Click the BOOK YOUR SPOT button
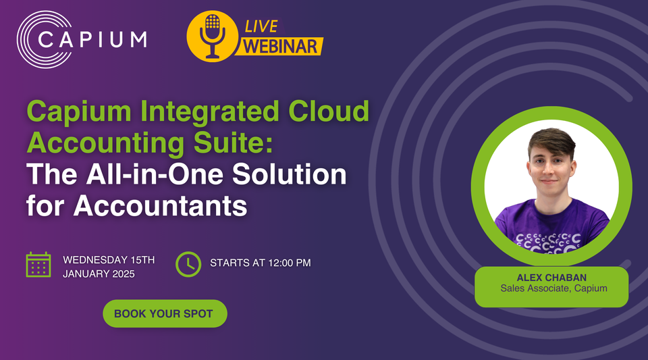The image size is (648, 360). pos(164,314)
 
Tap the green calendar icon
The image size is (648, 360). pos(38,264)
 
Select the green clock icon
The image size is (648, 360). pos(188,263)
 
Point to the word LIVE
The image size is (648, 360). pos(260,26)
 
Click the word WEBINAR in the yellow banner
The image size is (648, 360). pos(281,47)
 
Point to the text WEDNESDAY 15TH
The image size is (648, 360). pos(109,259)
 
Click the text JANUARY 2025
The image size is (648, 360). pos(99,274)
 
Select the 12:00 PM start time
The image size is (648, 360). pos(286,263)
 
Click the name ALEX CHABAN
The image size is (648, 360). pos(551,277)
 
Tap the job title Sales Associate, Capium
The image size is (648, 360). pos(551,289)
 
